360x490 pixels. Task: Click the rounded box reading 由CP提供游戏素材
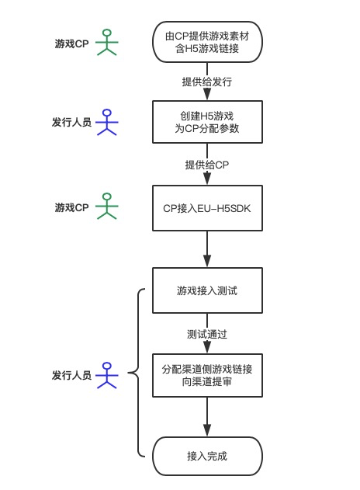click(207, 42)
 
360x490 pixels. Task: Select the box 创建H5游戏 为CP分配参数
click(207, 122)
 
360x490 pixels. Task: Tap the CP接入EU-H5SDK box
click(207, 208)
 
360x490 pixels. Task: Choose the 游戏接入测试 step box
click(207, 290)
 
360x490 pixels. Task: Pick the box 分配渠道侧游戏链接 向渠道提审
click(207, 375)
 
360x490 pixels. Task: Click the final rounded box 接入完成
click(207, 456)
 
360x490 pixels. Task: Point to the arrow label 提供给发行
click(207, 82)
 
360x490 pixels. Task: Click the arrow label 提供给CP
click(207, 165)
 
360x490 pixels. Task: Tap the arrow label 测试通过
click(207, 335)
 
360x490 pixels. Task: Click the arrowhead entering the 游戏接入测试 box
click(207, 261)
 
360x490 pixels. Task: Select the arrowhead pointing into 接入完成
click(207, 430)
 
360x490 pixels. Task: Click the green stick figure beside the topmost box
click(107, 42)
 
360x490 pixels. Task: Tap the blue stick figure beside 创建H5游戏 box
click(107, 122)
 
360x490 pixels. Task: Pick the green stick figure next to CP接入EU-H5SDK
click(107, 206)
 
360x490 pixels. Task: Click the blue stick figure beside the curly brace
click(107, 375)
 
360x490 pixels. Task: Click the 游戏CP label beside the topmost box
click(72, 43)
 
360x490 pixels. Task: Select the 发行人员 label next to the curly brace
click(71, 375)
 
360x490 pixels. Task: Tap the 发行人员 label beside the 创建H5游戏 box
click(71, 122)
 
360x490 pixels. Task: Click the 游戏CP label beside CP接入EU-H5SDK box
click(72, 207)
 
